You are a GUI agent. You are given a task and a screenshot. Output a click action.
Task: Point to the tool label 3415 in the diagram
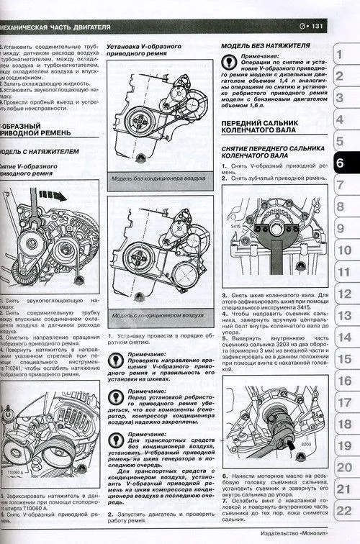click(235, 227)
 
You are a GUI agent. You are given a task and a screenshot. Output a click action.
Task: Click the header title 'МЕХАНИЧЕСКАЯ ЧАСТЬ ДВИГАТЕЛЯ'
click(55, 27)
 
